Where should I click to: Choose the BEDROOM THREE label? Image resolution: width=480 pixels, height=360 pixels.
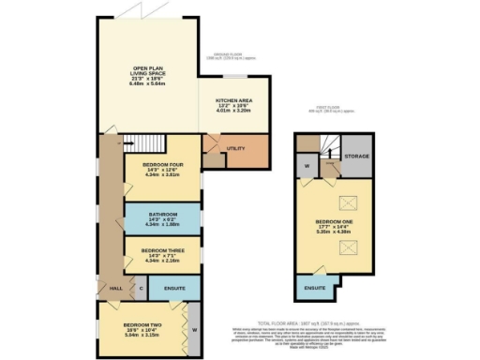click(x=159, y=251)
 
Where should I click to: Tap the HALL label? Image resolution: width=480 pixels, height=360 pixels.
click(x=116, y=288)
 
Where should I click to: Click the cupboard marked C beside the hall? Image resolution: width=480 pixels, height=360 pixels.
click(x=142, y=288)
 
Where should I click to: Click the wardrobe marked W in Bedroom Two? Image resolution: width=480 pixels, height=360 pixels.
click(x=194, y=330)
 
